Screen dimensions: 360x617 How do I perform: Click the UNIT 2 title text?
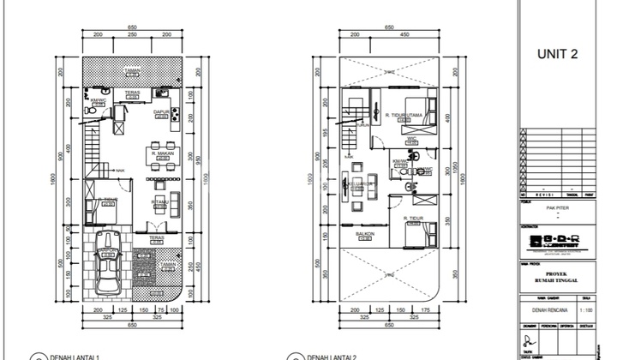point(557,54)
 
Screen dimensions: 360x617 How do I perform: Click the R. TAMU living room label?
point(159,202)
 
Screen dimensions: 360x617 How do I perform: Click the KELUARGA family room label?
point(360,183)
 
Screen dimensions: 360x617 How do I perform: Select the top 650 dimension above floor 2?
point(389,27)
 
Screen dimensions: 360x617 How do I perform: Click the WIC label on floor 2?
point(410,136)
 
